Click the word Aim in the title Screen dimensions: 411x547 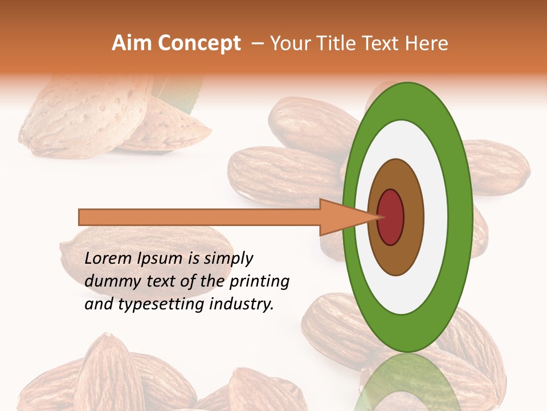(132, 43)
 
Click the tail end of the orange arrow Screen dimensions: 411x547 (83, 217)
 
